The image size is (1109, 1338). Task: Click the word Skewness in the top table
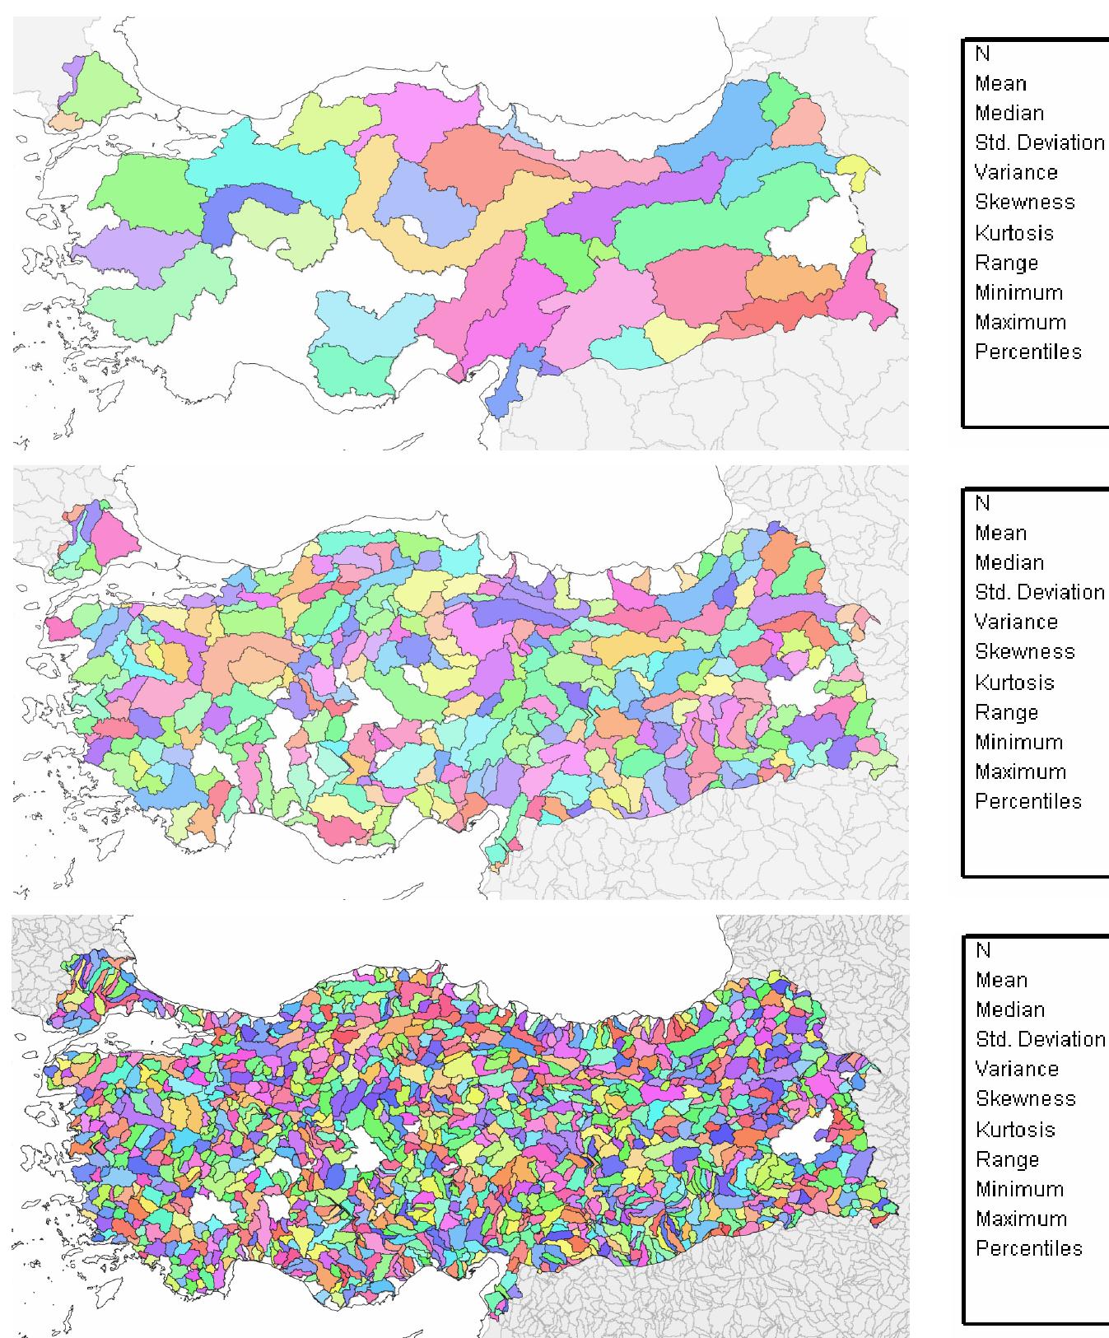(1024, 203)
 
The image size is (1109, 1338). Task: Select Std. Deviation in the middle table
(1039, 592)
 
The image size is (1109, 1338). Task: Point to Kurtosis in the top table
(1013, 233)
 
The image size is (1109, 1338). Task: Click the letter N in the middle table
(982, 503)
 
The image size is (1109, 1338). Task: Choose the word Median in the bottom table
(1009, 1009)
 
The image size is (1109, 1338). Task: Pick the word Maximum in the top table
(1020, 322)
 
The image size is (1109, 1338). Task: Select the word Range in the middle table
(1006, 712)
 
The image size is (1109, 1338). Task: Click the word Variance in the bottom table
(1017, 1069)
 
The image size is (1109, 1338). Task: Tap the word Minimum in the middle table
(1018, 742)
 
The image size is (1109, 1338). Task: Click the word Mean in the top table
(1000, 83)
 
